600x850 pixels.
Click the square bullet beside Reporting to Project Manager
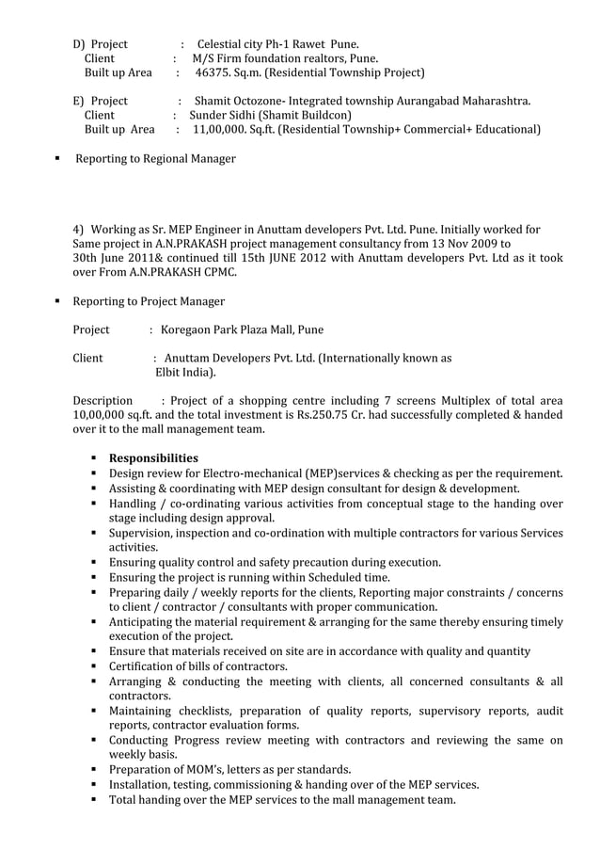pyautogui.click(x=57, y=302)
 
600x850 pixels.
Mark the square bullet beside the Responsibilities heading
pyautogui.click(x=95, y=458)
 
